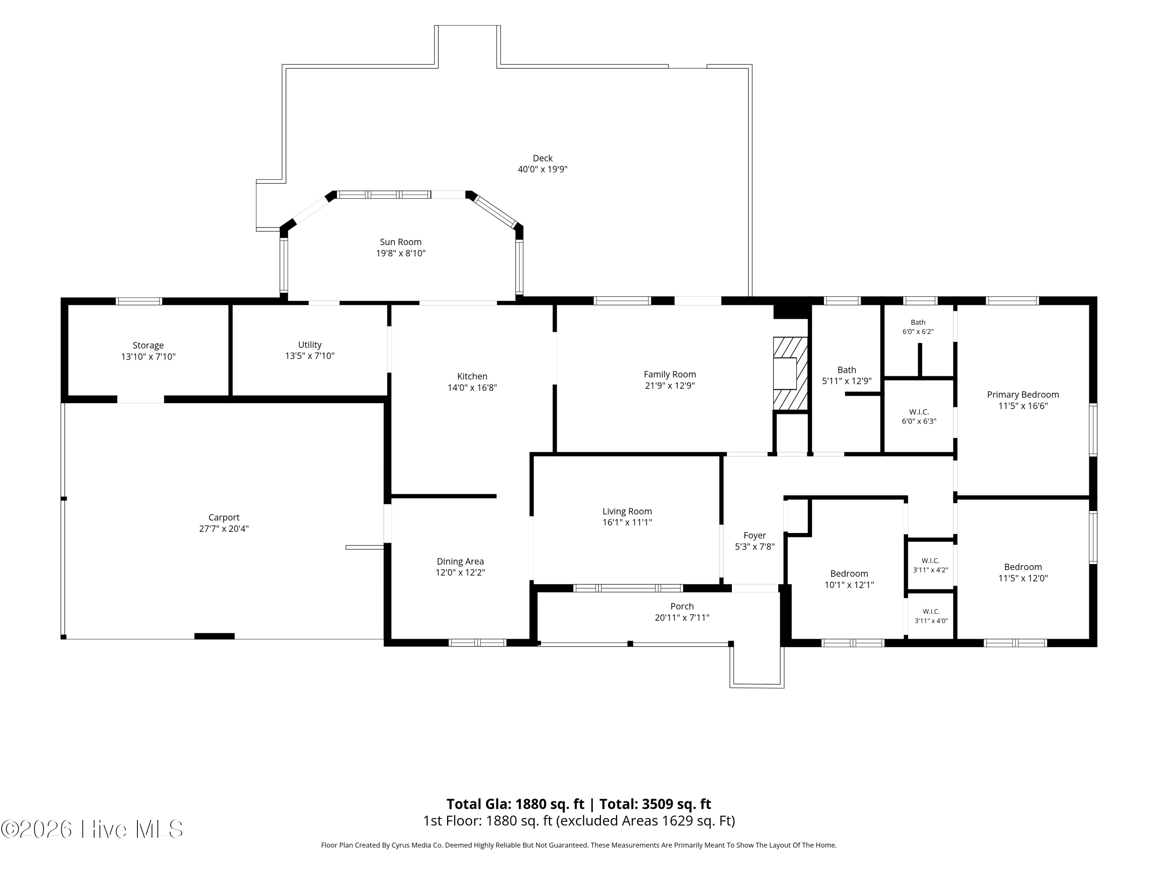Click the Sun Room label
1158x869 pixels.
[401, 242]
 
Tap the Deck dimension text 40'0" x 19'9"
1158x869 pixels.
[542, 169]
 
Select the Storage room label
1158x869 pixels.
[148, 345]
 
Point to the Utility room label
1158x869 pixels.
[310, 345]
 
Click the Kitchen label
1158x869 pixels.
[472, 376]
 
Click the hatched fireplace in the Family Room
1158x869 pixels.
[791, 373]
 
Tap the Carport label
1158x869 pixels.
[224, 518]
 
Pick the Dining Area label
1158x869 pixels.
[460, 562]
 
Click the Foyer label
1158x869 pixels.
[754, 535]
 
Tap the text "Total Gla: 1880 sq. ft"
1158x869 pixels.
[515, 804]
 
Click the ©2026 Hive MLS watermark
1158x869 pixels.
[92, 829]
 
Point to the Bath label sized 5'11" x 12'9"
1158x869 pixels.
[846, 370]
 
